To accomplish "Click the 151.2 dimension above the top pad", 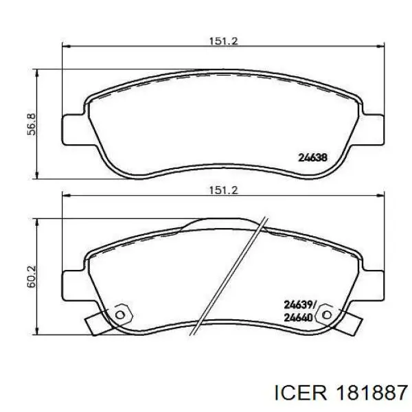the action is [x=223, y=41].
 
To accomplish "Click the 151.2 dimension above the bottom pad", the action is [x=223, y=190].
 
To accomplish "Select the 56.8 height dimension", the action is [x=32, y=124].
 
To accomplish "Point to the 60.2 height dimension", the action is [x=32, y=277].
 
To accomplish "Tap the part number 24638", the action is [x=313, y=158].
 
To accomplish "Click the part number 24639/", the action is [x=301, y=305].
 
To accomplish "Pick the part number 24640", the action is [x=299, y=318].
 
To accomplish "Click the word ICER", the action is [x=300, y=393].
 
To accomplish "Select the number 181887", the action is [x=371, y=393].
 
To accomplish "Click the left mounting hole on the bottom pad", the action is [x=120, y=314].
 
